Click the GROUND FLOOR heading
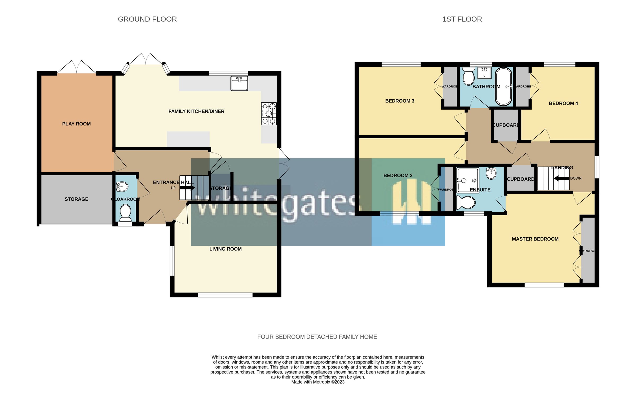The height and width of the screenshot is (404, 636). [147, 19]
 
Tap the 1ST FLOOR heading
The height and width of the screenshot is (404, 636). [462, 19]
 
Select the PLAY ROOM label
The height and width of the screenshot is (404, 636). [76, 124]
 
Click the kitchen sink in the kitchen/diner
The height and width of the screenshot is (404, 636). [239, 83]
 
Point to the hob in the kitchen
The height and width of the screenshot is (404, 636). [269, 114]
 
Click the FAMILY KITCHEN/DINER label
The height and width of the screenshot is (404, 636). [196, 111]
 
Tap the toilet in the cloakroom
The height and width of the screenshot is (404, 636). [125, 214]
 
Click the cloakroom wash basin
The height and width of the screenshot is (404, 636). [122, 187]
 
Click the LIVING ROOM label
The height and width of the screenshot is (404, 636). [226, 249]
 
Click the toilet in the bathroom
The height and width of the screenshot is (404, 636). [469, 76]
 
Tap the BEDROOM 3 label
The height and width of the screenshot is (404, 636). [400, 101]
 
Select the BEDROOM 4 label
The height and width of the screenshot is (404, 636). [563, 103]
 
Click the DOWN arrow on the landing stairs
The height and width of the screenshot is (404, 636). [562, 178]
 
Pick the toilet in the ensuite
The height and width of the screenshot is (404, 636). [466, 203]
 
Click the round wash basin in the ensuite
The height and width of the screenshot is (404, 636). [491, 174]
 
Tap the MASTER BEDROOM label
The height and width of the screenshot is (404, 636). [535, 239]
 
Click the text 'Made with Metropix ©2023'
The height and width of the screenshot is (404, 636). [318, 382]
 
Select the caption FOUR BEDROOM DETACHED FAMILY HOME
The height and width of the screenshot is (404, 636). [317, 337]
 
